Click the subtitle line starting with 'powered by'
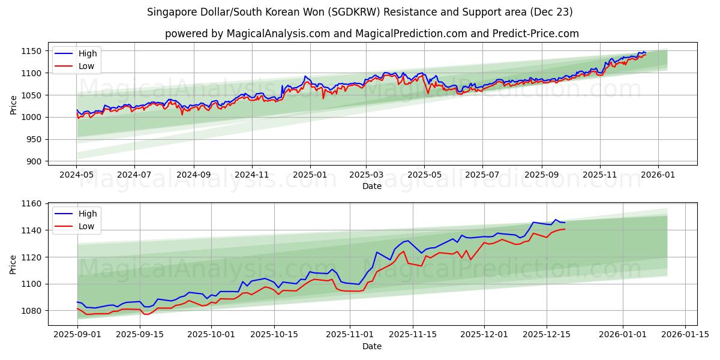point(372,34)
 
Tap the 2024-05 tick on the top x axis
point(76,175)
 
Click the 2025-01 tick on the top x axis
point(310,175)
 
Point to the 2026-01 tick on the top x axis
point(658,175)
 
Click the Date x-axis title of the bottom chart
point(372,346)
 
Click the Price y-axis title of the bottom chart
point(13,265)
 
